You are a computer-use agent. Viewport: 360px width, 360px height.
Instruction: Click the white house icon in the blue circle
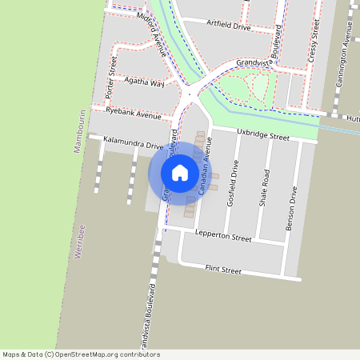coord(180,173)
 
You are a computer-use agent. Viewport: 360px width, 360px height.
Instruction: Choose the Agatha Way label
coord(145,83)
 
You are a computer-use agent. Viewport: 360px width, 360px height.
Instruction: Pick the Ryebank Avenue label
coord(134,113)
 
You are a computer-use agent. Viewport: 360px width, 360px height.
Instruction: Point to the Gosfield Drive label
coord(234,185)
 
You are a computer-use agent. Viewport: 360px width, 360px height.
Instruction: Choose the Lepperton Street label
coord(223,238)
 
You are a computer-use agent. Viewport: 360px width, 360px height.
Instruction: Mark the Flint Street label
coord(223,270)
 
